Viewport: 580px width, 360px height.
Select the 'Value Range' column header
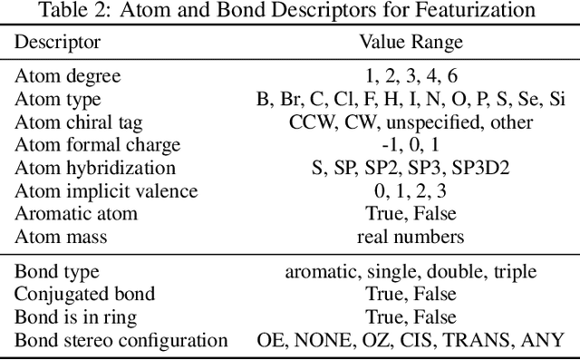(x=410, y=43)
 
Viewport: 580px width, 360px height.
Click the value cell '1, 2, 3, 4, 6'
(x=411, y=77)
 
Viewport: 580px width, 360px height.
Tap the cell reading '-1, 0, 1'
(x=411, y=145)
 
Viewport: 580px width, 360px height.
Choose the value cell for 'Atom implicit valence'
(x=411, y=190)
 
